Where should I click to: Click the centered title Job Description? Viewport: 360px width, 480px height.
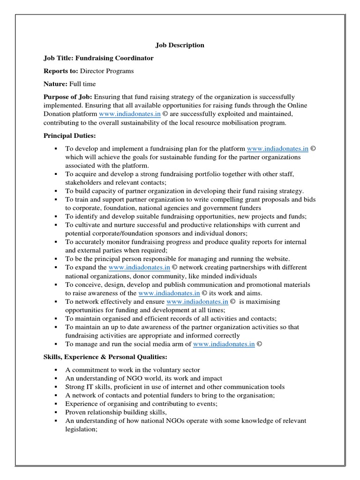180,45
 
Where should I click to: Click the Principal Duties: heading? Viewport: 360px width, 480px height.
69,135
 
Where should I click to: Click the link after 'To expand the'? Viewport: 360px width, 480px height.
139,267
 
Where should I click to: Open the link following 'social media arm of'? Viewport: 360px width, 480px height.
224,344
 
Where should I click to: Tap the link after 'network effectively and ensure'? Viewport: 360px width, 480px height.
197,301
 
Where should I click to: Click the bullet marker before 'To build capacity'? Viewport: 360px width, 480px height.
55,191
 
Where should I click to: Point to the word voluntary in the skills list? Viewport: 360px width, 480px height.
157,370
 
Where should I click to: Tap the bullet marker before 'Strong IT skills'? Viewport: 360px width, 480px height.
55,387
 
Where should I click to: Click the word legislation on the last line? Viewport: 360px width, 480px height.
80,429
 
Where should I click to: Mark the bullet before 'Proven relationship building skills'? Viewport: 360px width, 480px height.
55,412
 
